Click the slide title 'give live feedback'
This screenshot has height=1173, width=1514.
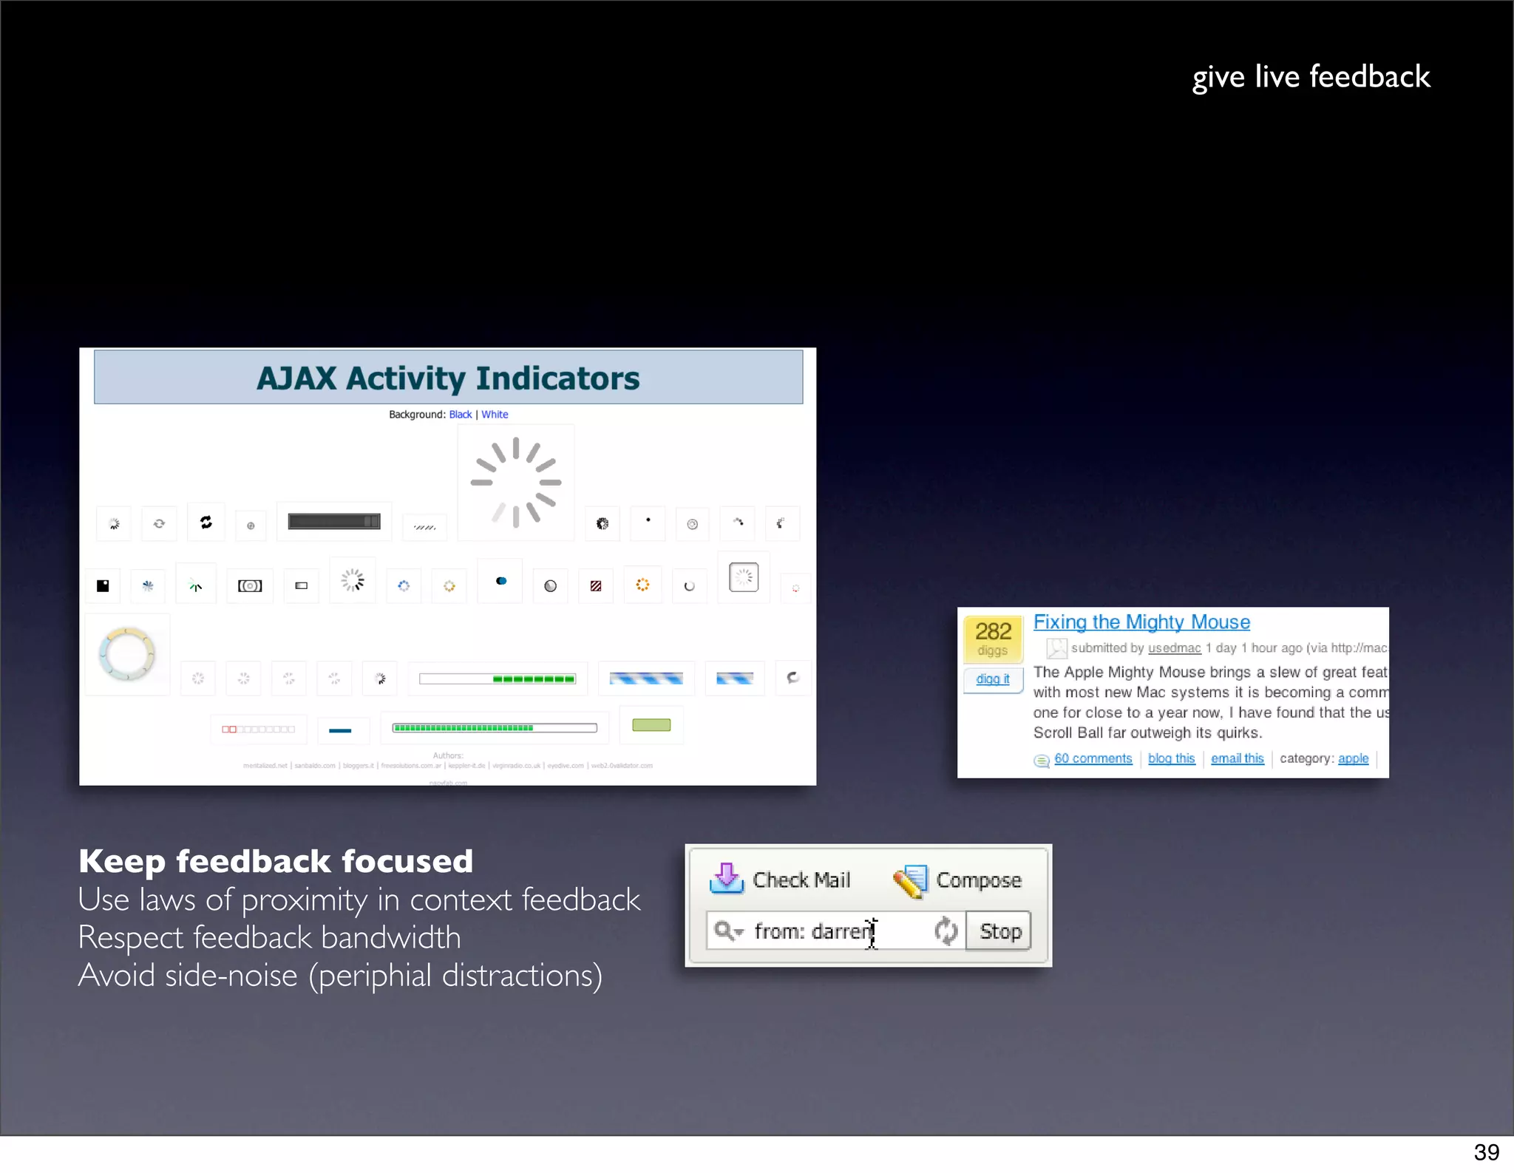(x=1311, y=77)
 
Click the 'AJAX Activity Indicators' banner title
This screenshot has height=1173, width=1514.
(x=448, y=378)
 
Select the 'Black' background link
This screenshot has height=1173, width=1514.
(x=460, y=415)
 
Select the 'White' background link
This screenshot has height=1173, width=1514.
(x=495, y=415)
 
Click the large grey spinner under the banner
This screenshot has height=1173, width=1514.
(x=516, y=482)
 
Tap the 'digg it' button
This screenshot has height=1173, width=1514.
(x=992, y=679)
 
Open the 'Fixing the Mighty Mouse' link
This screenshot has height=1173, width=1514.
(x=1141, y=622)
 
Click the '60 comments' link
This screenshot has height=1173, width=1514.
(x=1093, y=758)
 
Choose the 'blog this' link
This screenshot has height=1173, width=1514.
(x=1171, y=758)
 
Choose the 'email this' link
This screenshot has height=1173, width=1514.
(x=1237, y=758)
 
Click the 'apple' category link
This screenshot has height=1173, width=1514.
(x=1353, y=758)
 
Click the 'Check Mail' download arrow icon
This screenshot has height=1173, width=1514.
(x=727, y=879)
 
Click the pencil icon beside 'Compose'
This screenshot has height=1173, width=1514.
(x=910, y=880)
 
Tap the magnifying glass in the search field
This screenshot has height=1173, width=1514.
(x=724, y=931)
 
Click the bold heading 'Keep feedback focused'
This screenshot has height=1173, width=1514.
(x=276, y=861)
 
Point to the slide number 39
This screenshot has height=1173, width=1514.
(x=1486, y=1152)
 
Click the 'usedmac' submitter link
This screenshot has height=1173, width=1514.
(x=1174, y=648)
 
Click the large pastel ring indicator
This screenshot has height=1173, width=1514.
(x=126, y=654)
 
